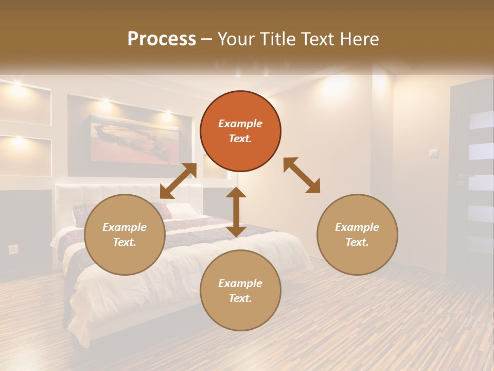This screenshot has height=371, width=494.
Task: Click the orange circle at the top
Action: point(240,131)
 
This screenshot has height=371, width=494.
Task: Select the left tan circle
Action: point(125,234)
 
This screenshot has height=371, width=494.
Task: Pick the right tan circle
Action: point(357,234)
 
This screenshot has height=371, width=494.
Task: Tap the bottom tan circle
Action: point(240,291)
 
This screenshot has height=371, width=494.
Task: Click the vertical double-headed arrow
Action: point(236,212)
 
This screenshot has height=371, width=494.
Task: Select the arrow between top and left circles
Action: point(178,181)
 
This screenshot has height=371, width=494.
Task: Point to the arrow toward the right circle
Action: point(302,175)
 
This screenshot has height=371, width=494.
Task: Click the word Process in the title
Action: point(162,39)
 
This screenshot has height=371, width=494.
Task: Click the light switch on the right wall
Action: point(433,153)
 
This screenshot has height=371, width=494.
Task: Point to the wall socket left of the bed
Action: point(13,249)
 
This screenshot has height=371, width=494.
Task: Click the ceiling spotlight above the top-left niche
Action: point(17,86)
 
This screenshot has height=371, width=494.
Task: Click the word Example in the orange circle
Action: point(240,124)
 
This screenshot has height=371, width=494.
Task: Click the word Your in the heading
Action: point(235,39)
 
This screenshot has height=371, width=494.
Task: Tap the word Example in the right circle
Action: point(357,227)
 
